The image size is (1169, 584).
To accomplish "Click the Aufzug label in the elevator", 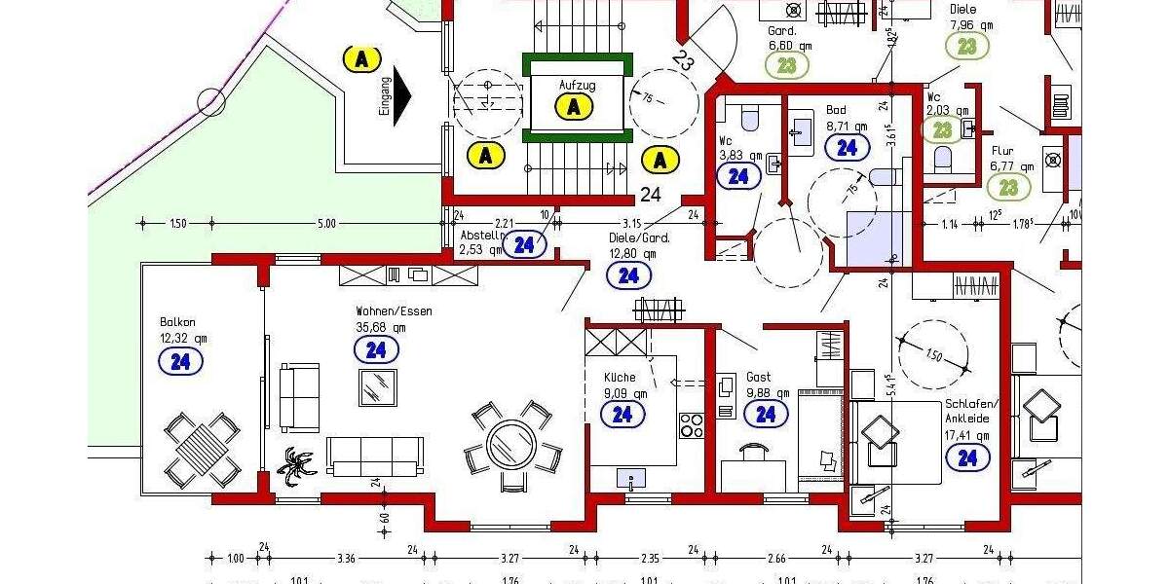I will (576, 86).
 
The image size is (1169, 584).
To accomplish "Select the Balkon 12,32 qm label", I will (183, 330).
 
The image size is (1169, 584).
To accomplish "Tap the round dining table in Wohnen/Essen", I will (511, 445).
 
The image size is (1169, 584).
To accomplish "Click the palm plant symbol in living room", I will (296, 466).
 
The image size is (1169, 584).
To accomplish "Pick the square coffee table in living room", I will (378, 386).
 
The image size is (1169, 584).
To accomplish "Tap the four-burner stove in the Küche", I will (691, 425).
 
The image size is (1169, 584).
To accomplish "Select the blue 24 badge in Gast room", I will (766, 415).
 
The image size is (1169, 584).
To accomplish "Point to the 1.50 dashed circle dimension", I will (933, 354).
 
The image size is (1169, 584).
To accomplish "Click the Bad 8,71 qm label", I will (845, 118).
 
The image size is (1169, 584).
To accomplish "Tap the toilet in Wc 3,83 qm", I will (749, 119).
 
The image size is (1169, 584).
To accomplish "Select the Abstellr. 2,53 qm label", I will (483, 241).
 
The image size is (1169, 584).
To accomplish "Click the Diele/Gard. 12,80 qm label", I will (639, 245).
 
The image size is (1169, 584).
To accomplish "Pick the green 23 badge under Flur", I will (1009, 187).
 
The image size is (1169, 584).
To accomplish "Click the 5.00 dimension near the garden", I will (325, 224).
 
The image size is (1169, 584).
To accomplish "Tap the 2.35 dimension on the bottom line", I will (650, 559).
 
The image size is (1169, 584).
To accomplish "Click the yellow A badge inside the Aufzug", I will (575, 106).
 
